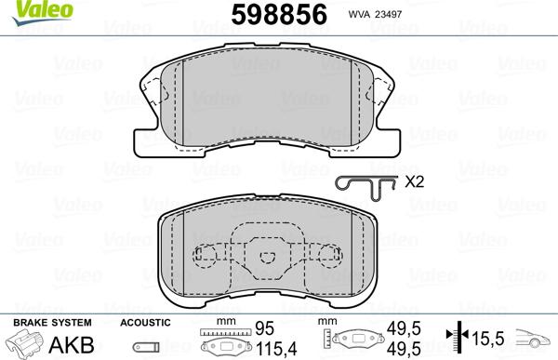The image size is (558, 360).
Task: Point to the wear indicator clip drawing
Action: click(x=365, y=184)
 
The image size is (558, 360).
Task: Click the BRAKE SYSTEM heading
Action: click(x=46, y=322)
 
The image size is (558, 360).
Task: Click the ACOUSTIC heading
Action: click(x=145, y=322)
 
